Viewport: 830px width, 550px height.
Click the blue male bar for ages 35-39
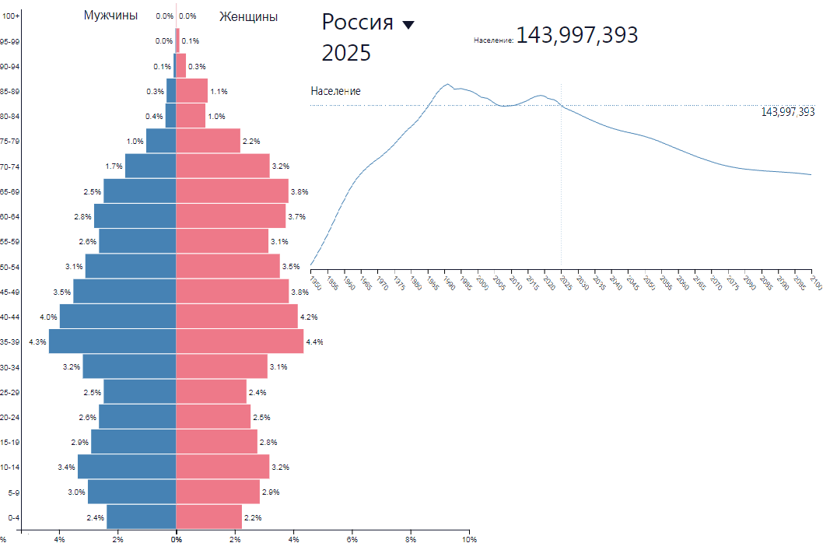click(113, 342)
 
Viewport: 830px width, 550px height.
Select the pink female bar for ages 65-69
click(232, 191)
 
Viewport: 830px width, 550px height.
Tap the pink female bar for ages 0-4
click(208, 517)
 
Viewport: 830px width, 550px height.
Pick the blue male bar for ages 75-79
click(161, 141)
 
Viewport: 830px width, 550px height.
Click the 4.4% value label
click(314, 342)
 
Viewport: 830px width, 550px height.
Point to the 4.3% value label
click(37, 342)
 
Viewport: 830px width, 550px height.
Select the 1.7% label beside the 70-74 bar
click(114, 166)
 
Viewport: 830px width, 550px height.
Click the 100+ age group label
click(12, 16)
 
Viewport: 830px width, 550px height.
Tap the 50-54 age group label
click(10, 267)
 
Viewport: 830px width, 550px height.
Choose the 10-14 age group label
click(10, 468)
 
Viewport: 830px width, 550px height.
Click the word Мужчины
click(110, 16)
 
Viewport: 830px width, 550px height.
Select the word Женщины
click(248, 16)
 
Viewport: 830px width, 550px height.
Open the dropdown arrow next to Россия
click(408, 25)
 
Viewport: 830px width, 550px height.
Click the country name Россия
click(357, 23)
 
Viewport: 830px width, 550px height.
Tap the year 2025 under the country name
click(346, 53)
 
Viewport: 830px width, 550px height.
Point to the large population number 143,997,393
click(576, 35)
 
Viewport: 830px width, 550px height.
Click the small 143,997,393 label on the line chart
click(787, 112)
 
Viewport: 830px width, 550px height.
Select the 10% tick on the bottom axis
click(468, 538)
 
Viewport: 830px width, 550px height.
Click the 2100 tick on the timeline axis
click(813, 281)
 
